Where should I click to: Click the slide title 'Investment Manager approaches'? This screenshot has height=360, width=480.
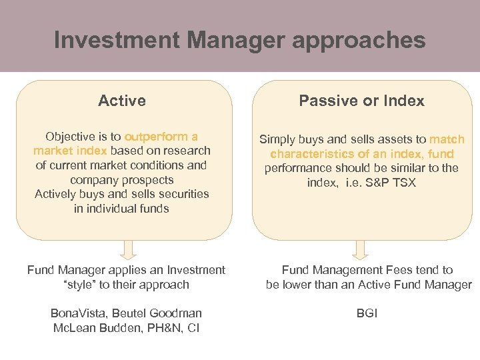pos(239,40)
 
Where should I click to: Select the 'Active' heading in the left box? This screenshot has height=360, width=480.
pos(122,101)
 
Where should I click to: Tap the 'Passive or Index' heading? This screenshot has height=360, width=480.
pos(361,101)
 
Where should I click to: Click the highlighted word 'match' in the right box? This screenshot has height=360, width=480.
pos(447,139)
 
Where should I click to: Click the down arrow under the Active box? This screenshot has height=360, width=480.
pos(130,249)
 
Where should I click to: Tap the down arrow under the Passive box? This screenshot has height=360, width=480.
pos(360,249)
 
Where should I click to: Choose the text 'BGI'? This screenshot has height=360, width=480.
pos(367,313)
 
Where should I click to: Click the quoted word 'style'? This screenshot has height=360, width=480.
pos(80,285)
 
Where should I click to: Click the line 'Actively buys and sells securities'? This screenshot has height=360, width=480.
pos(122,194)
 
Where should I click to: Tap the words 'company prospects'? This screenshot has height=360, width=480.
pos(122,180)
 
